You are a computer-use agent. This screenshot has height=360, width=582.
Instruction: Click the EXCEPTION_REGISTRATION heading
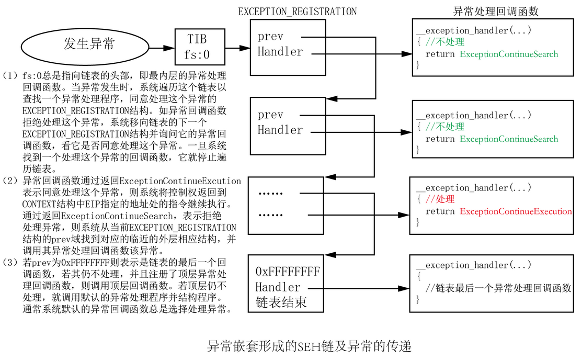coord(297,12)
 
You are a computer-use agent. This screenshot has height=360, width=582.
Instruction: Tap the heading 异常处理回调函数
coord(496,11)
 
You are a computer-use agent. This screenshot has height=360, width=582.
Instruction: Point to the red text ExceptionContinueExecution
coord(516,211)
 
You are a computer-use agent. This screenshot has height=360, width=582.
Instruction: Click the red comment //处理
coord(440,199)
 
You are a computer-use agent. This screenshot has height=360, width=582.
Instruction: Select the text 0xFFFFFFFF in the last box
coord(288,272)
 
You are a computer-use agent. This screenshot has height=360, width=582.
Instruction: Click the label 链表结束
coord(281,302)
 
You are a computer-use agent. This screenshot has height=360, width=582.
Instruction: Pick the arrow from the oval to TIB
coord(162,48)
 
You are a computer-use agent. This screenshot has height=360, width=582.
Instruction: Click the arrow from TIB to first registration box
coord(237,48)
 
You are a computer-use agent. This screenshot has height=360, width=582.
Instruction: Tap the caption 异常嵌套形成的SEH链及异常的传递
coord(309,346)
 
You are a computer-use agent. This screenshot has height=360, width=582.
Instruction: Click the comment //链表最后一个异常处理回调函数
coord(498,288)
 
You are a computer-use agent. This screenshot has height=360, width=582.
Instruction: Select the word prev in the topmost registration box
coord(270,37)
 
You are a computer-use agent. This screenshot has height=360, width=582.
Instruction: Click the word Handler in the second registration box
coord(280,130)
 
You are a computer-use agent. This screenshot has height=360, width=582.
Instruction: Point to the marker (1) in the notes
coord(10,76)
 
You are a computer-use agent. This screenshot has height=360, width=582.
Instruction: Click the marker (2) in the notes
coord(10,181)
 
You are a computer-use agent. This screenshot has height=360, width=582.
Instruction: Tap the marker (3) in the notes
coord(10,263)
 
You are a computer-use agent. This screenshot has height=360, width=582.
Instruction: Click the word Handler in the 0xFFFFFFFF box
coord(278,287)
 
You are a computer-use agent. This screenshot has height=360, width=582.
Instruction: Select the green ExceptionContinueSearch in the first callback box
coord(509,54)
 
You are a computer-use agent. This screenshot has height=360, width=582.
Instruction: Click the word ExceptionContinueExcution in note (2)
coord(180,181)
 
